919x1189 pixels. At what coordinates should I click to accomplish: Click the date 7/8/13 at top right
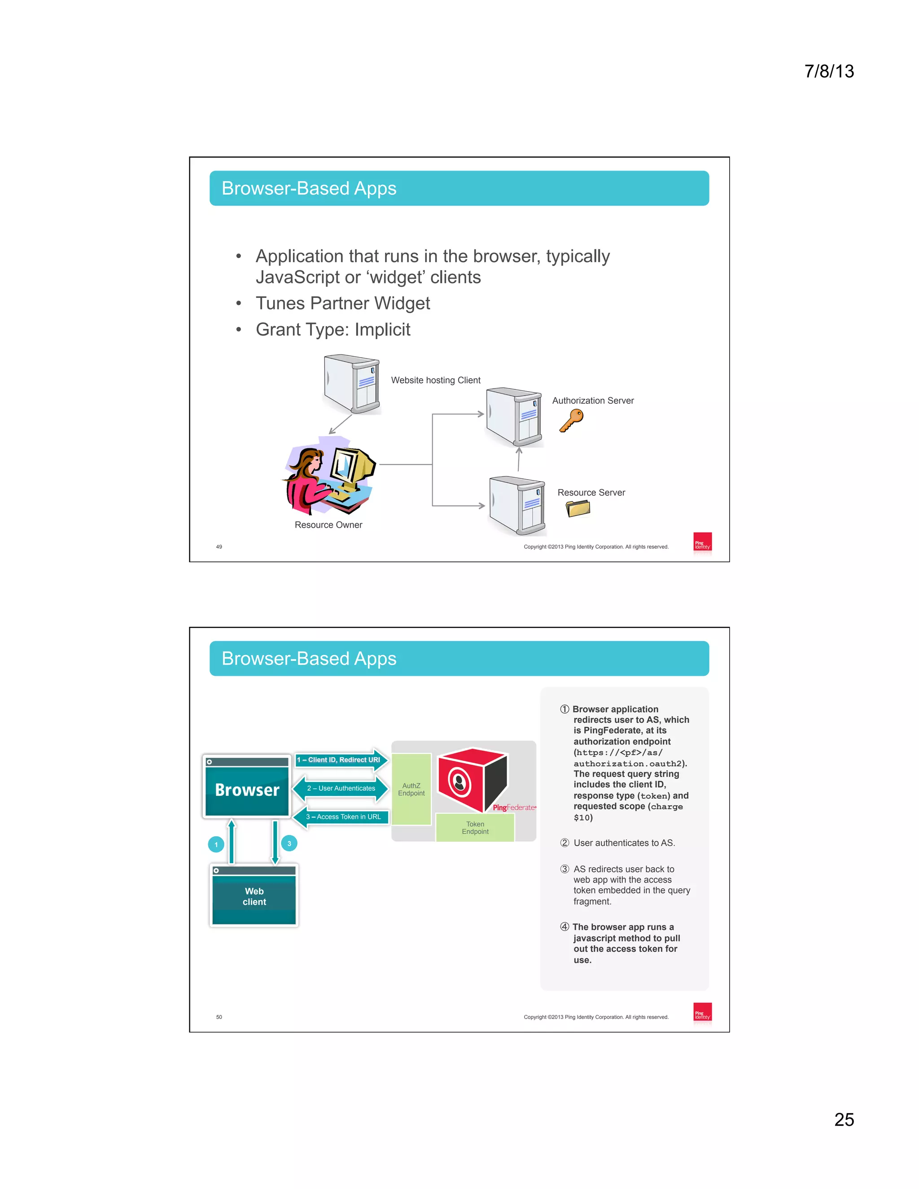point(829,71)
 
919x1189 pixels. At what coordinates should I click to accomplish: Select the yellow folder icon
point(578,508)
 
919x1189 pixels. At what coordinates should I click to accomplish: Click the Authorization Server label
point(593,401)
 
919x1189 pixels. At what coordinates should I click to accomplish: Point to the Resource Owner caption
point(328,525)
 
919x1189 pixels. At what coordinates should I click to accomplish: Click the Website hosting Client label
point(436,380)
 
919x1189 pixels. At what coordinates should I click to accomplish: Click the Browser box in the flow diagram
point(247,788)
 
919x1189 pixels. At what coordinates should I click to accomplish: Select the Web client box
point(254,896)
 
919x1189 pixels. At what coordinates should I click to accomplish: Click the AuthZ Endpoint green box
point(411,789)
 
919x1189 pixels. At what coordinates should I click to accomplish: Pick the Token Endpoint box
point(475,827)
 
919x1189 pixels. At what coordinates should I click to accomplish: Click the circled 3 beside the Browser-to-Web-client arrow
point(289,844)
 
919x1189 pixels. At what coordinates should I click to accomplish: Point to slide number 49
point(219,546)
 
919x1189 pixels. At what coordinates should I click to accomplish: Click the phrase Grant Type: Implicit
point(333,329)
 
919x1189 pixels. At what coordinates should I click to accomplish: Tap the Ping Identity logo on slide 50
point(702,1012)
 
